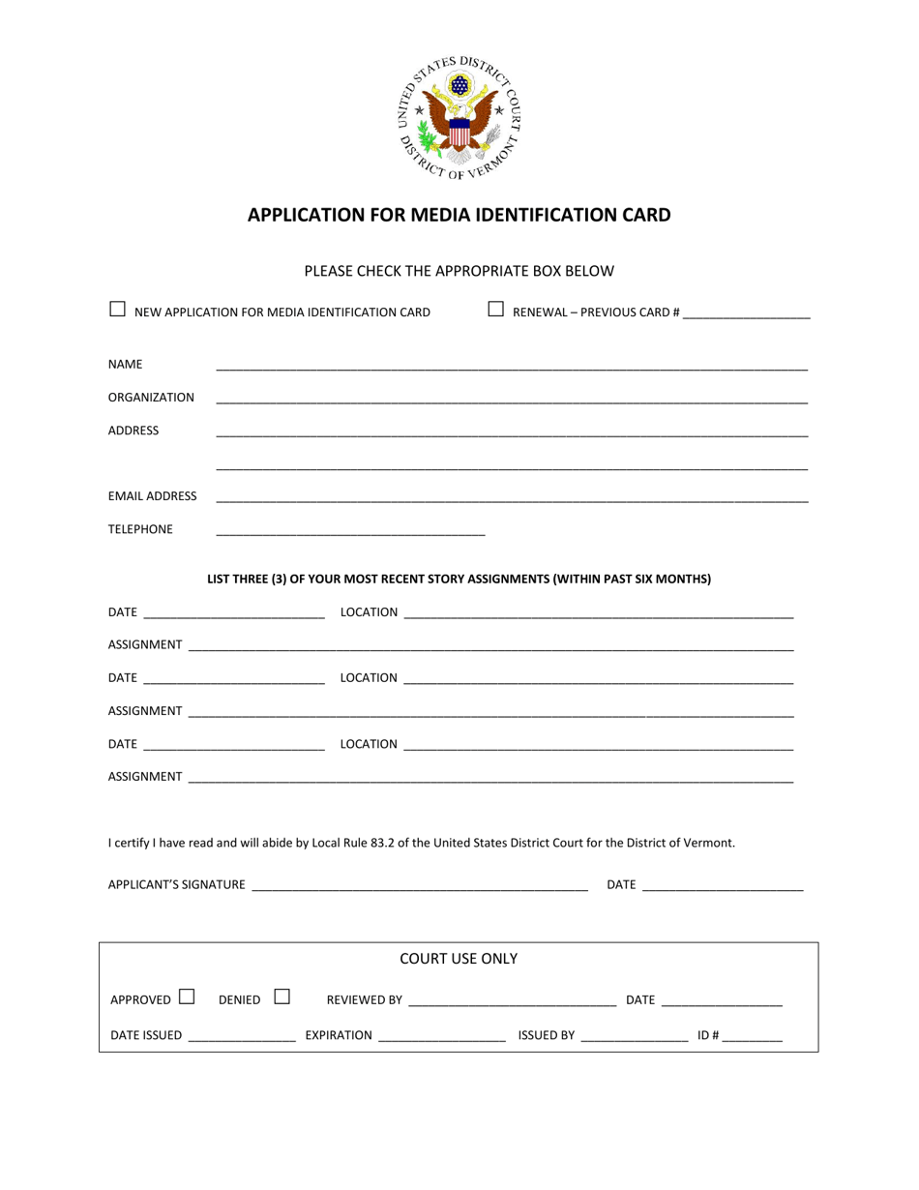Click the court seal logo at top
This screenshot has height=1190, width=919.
(x=459, y=117)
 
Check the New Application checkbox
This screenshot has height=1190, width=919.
(x=117, y=310)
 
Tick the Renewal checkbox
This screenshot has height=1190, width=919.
(x=495, y=310)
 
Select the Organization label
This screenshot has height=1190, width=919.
(x=151, y=398)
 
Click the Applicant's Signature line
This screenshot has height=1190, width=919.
(x=419, y=886)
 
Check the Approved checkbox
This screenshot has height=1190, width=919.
(x=187, y=996)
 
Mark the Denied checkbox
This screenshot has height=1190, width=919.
(x=282, y=996)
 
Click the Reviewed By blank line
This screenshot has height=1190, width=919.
(x=512, y=1002)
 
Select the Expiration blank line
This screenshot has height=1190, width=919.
(x=441, y=1037)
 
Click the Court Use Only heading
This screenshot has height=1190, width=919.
(x=459, y=959)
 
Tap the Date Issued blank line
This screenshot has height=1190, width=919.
(x=242, y=1037)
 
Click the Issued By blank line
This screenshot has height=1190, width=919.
(x=634, y=1037)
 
